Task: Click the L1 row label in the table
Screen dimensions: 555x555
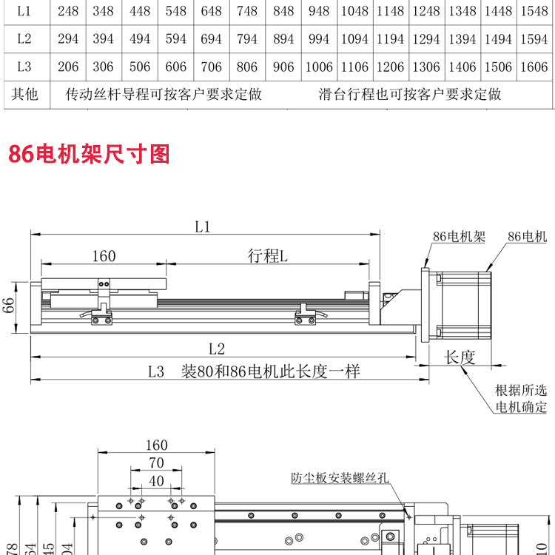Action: [24, 11]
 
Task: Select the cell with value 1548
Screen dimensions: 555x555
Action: [533, 11]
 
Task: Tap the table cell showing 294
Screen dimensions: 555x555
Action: [68, 39]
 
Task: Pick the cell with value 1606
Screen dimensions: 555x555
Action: [533, 67]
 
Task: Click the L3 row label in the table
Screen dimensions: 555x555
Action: [24, 67]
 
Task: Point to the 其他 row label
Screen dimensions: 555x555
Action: [24, 94]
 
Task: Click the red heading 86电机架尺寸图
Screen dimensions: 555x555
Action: [89, 154]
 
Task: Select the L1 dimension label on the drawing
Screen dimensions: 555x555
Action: [203, 228]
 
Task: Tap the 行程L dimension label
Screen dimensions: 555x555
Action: [267, 256]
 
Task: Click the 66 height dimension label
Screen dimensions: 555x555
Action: [9, 306]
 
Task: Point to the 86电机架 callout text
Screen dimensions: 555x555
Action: [459, 237]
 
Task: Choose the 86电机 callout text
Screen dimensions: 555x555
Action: [527, 237]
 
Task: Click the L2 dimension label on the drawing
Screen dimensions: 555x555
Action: [216, 349]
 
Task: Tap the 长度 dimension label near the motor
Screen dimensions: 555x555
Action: [459, 358]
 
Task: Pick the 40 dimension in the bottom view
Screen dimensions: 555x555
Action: [156, 481]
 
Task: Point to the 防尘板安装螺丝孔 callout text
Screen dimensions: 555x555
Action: [340, 478]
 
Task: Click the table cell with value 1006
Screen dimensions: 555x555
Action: [319, 67]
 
